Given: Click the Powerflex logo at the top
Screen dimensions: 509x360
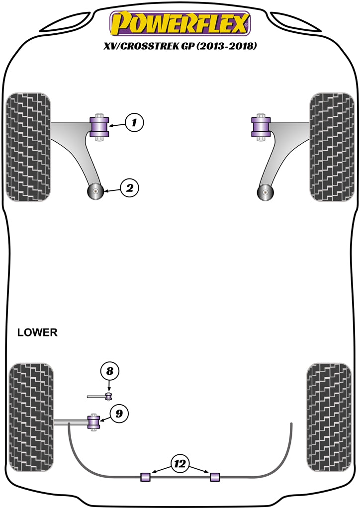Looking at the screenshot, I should coord(180,24).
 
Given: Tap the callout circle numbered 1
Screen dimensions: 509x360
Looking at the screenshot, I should coord(134,122).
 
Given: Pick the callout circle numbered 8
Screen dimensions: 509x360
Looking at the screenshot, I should coord(110,371).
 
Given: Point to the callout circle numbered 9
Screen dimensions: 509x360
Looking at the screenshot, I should coord(119,413).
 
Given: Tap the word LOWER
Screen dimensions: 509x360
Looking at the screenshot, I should coord(37,333).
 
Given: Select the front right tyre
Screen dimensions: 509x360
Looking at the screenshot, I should coord(332,146).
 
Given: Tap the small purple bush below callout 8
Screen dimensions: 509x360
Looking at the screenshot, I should coord(109,396).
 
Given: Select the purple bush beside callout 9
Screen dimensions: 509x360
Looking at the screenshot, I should coord(93,422).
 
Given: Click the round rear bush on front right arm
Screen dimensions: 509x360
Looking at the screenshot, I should coord(267,191).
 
